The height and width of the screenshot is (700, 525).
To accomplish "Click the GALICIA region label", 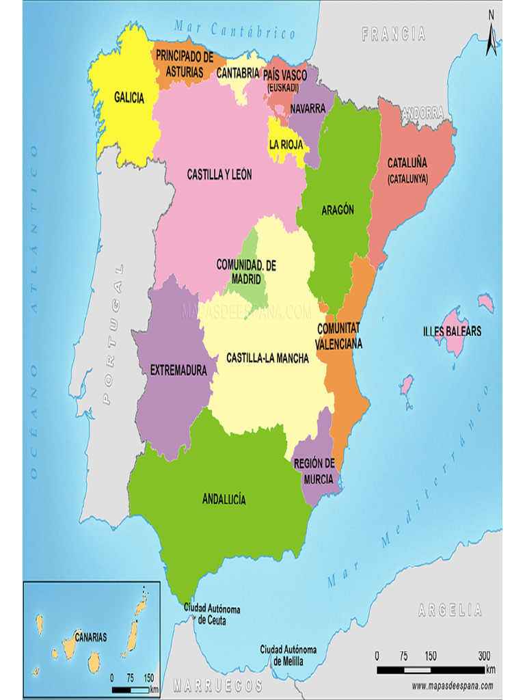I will pos(129,98).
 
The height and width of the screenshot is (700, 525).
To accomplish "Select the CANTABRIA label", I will pos(239,72).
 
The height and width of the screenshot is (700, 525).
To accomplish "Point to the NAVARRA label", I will pos(307,109).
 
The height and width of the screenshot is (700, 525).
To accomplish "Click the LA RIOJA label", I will pos(286,144).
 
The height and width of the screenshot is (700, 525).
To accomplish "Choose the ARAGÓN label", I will pos(338,211).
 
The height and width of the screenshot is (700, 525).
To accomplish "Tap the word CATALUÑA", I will pos(407,163).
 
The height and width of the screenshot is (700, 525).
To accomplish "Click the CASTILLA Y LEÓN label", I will pos(219,175).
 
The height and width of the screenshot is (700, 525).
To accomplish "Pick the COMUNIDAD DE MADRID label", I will pos(246,271).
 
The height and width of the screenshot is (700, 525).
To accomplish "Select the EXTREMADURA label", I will pos(178,371).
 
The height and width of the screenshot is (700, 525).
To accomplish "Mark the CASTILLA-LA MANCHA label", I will pos(267,358).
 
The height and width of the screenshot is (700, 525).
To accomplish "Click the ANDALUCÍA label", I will pos(224,499).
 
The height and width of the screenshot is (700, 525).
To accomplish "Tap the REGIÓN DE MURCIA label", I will pos(314,470).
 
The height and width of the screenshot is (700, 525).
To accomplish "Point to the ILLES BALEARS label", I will pos(452,332).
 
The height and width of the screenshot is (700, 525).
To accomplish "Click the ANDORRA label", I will pos(422,113).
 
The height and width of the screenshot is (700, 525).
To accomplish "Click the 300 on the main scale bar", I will pos(485,656).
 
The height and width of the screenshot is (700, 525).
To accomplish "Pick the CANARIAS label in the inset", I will pos(91,637).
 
